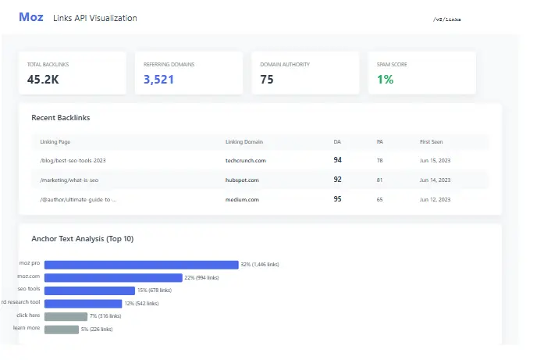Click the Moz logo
pos(31,17)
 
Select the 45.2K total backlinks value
pos(44,79)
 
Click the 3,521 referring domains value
pos(158,79)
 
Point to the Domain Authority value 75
pos(267,79)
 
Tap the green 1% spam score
pos(385,79)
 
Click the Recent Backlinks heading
pos(61,118)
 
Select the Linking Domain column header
pos(244,142)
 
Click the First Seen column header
pos(432,142)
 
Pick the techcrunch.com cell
pos(246,160)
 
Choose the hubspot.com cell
pos(242,180)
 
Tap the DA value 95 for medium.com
pos(337,199)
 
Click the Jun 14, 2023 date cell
pos(435,180)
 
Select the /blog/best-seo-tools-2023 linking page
pos(72,160)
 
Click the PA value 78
pos(379,160)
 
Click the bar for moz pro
pos(141,265)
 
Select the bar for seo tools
pos(90,290)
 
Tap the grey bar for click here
pos(66,316)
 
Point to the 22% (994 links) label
pos(201,277)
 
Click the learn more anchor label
pos(27,329)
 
